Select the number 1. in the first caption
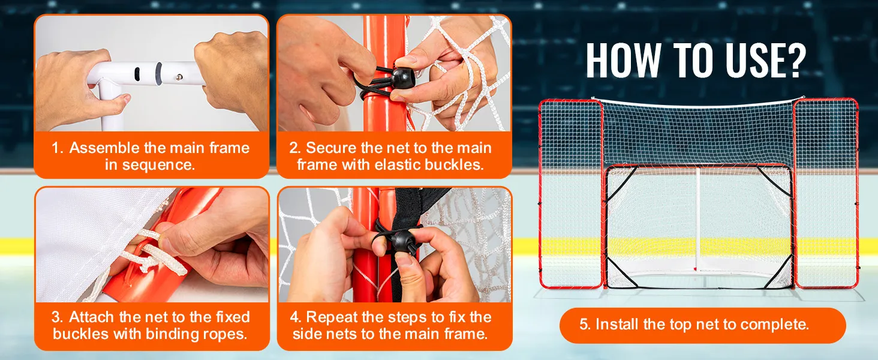[x=57, y=148]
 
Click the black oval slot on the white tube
[x=137, y=74]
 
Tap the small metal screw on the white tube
[x=179, y=77]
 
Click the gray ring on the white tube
[x=159, y=73]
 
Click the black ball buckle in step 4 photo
[x=404, y=241]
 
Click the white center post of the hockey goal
[x=697, y=219]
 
